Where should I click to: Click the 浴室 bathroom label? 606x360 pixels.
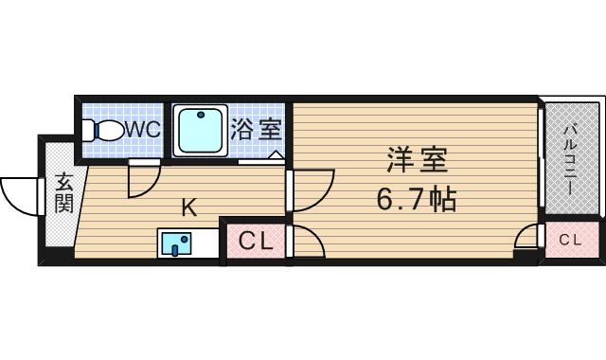255,129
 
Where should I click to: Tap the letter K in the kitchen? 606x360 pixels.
188,208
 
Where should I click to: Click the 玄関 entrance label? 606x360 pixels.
63,192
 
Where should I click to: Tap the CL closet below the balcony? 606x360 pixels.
570,241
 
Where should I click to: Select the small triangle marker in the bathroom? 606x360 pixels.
276,154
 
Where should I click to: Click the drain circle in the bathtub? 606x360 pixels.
200,117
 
